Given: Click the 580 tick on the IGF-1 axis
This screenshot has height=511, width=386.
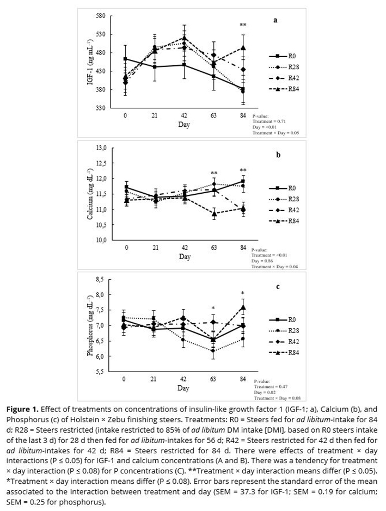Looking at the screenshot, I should [x=100, y=16].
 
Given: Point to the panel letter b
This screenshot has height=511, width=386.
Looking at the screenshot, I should [x=278, y=155].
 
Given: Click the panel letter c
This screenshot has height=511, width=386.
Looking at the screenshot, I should [x=278, y=286].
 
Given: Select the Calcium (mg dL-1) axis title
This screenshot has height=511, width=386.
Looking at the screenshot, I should [x=90, y=194].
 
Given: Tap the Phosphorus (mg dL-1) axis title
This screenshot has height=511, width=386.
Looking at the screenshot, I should [x=90, y=325].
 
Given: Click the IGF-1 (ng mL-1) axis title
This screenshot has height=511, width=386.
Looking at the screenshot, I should [x=90, y=62].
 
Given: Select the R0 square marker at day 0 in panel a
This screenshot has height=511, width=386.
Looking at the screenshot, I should [x=125, y=59].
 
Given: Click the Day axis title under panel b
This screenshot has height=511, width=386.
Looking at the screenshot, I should [x=184, y=256].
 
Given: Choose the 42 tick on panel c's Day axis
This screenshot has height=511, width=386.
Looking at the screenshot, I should [x=184, y=379].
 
